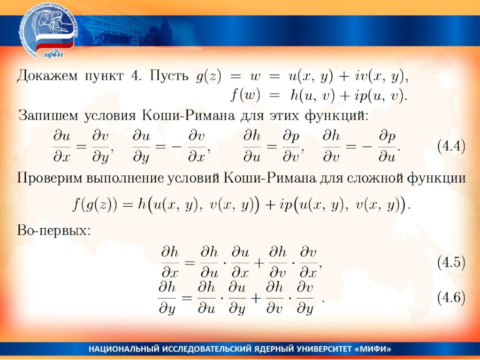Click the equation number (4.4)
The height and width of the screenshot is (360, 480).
(451, 146)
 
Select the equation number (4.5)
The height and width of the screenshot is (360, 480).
(451, 262)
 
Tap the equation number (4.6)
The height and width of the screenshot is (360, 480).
(451, 297)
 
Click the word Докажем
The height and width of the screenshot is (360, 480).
(47, 75)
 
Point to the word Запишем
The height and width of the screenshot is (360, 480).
(48, 115)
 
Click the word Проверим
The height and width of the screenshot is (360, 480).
(49, 178)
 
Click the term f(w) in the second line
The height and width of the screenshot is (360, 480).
(246, 96)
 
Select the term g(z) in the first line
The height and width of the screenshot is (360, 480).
(208, 76)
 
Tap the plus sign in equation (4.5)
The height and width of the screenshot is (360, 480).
(259, 263)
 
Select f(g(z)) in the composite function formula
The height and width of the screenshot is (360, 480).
(95, 204)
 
